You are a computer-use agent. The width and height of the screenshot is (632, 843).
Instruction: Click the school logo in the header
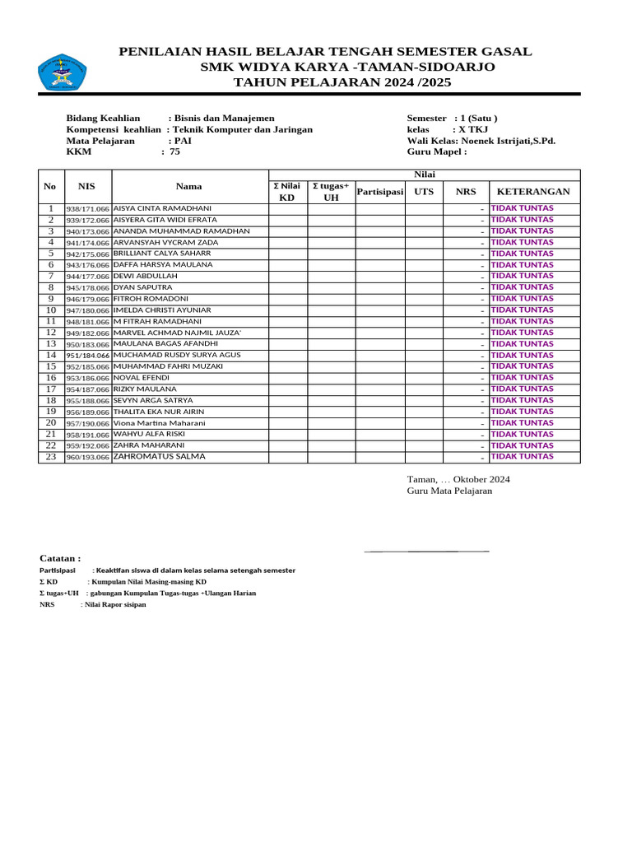pos(62,73)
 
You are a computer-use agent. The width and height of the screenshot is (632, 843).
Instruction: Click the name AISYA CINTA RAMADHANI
pos(162,208)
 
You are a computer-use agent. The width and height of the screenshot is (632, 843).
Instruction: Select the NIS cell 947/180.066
pos(87,311)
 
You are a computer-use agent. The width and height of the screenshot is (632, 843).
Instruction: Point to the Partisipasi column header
pos(379,192)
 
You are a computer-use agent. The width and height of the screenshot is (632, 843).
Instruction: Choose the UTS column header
pos(424,192)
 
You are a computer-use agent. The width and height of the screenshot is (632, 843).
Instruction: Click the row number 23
pos(50,456)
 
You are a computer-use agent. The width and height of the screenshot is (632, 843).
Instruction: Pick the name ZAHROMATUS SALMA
pos(160,456)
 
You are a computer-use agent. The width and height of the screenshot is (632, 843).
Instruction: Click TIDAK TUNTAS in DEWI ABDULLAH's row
pos(522,276)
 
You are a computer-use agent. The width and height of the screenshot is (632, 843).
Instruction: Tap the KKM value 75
pos(174,151)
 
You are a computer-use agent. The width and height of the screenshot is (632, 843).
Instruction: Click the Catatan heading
pos(60,557)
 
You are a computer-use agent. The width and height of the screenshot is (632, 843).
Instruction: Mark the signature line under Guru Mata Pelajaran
pos(427,550)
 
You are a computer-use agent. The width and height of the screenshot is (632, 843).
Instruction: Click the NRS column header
pos(466,192)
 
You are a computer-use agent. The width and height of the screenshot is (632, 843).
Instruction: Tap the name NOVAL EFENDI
pos(142,377)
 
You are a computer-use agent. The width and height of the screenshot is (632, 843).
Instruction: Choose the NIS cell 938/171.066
pos(87,209)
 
